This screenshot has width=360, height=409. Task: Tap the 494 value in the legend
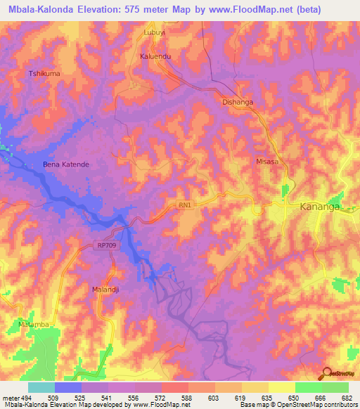coord(26,398)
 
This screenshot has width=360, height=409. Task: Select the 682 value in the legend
coord(347,398)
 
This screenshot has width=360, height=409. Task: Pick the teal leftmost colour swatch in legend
coord(41,387)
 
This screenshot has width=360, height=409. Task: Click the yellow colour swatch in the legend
coord(281,387)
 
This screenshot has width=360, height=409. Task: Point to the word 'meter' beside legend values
coord(9,398)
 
